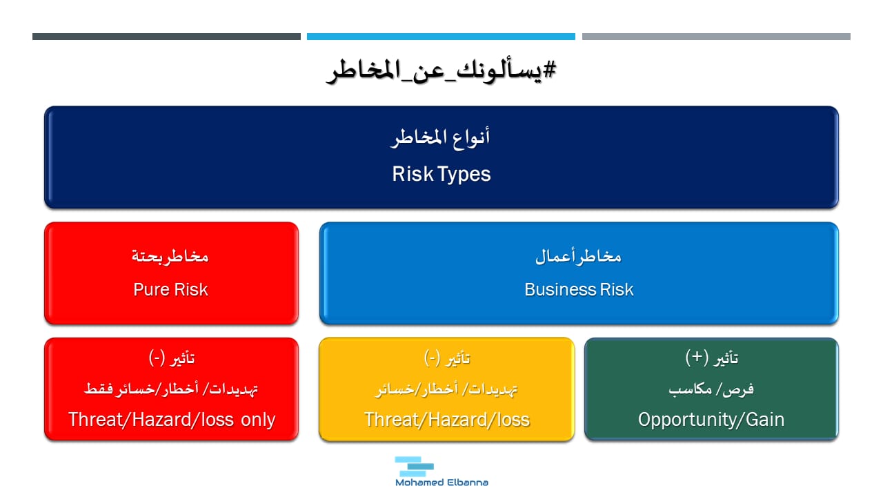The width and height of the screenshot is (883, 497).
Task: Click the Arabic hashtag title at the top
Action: click(441, 71)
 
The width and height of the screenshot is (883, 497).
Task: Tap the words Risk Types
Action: click(441, 174)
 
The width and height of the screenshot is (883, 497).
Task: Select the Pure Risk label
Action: click(170, 289)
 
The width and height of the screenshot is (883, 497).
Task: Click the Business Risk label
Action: click(579, 289)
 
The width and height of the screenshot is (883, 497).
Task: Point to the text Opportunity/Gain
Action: click(711, 420)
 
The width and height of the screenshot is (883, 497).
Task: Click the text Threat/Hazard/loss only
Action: click(172, 419)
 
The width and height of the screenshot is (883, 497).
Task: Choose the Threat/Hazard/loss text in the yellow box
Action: click(446, 419)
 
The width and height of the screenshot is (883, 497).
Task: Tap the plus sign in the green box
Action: click(697, 357)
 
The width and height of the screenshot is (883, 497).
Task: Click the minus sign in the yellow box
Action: click(432, 358)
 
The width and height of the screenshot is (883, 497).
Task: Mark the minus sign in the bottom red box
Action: click(157, 358)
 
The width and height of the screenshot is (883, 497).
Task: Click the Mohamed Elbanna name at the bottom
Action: click(441, 483)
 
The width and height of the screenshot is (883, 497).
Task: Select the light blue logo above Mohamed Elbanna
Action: click(414, 466)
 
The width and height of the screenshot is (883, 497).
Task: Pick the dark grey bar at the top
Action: click(166, 37)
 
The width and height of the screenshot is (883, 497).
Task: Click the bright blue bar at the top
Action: click(441, 37)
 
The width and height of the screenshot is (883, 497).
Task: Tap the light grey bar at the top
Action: click(716, 37)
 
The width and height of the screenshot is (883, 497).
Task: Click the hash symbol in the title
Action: click(549, 70)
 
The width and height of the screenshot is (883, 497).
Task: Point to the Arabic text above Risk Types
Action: click(441, 138)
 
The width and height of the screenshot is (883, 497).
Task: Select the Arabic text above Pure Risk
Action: click(170, 257)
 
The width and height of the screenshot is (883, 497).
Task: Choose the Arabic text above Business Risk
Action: click(578, 257)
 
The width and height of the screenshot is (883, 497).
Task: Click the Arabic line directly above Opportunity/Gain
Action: click(711, 389)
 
